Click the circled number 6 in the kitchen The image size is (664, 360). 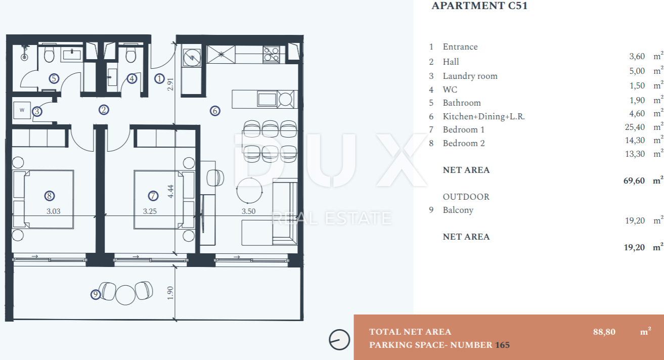(215, 111)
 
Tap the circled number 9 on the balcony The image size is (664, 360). (96, 294)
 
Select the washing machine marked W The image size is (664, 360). (22, 110)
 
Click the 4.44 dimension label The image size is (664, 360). (170, 192)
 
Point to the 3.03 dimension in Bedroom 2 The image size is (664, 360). (54, 211)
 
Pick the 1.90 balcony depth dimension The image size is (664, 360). (170, 293)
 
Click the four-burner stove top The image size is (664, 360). (271, 54)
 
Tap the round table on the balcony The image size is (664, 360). (125, 295)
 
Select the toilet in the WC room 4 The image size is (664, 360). (130, 53)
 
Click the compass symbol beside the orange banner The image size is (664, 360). (339, 340)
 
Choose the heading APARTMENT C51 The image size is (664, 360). (479, 6)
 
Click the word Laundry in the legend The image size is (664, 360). (457, 76)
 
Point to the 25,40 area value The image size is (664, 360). (635, 127)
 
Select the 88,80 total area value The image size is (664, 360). (604, 332)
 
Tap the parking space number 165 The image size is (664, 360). (503, 345)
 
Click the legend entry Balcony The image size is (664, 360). (458, 210)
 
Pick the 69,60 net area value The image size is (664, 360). (634, 181)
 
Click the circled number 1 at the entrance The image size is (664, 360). (159, 78)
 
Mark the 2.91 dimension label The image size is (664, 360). (170, 84)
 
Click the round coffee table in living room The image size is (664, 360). (249, 191)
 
